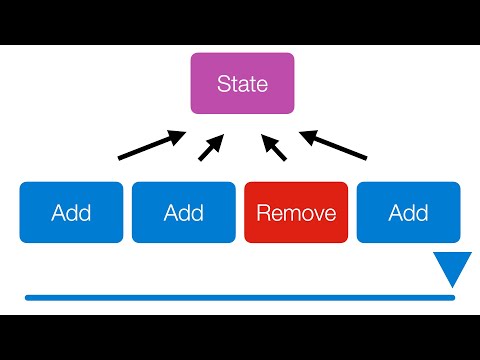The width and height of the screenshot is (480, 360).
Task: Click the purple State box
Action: coord(243,84)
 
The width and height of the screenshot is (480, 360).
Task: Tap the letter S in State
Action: coord(223,84)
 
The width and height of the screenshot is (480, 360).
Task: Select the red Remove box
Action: coord(297,212)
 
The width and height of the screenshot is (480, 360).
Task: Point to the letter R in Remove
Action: coord(264,212)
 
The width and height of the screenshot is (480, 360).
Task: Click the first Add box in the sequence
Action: coord(71,212)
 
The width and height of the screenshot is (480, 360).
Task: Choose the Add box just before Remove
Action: coord(184,212)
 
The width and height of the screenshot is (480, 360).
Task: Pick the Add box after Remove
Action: coord(409,212)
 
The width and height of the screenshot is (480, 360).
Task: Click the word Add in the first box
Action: coord(71,212)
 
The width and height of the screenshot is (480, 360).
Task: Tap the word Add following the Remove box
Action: coord(409,212)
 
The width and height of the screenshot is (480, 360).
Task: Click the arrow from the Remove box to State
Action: coord(272,147)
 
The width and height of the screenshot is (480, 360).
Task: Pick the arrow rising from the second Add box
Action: coord(213,148)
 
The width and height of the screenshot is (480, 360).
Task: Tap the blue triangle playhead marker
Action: coord(453,267)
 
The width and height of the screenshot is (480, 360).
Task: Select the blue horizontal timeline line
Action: coord(240,297)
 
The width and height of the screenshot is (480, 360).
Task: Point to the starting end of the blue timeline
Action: coord(28,297)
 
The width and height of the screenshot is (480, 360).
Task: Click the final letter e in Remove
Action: coord(328,213)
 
